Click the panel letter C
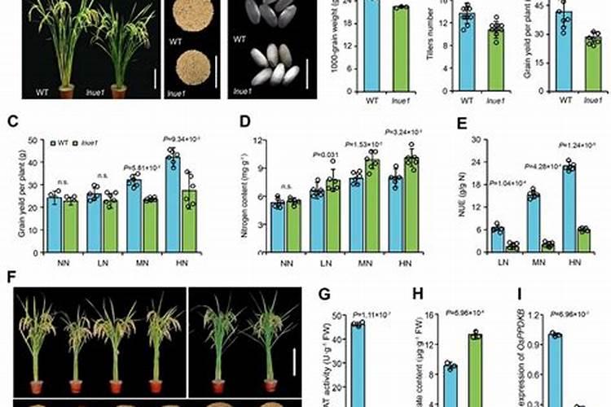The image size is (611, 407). [11, 124]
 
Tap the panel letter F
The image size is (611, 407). [11, 277]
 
